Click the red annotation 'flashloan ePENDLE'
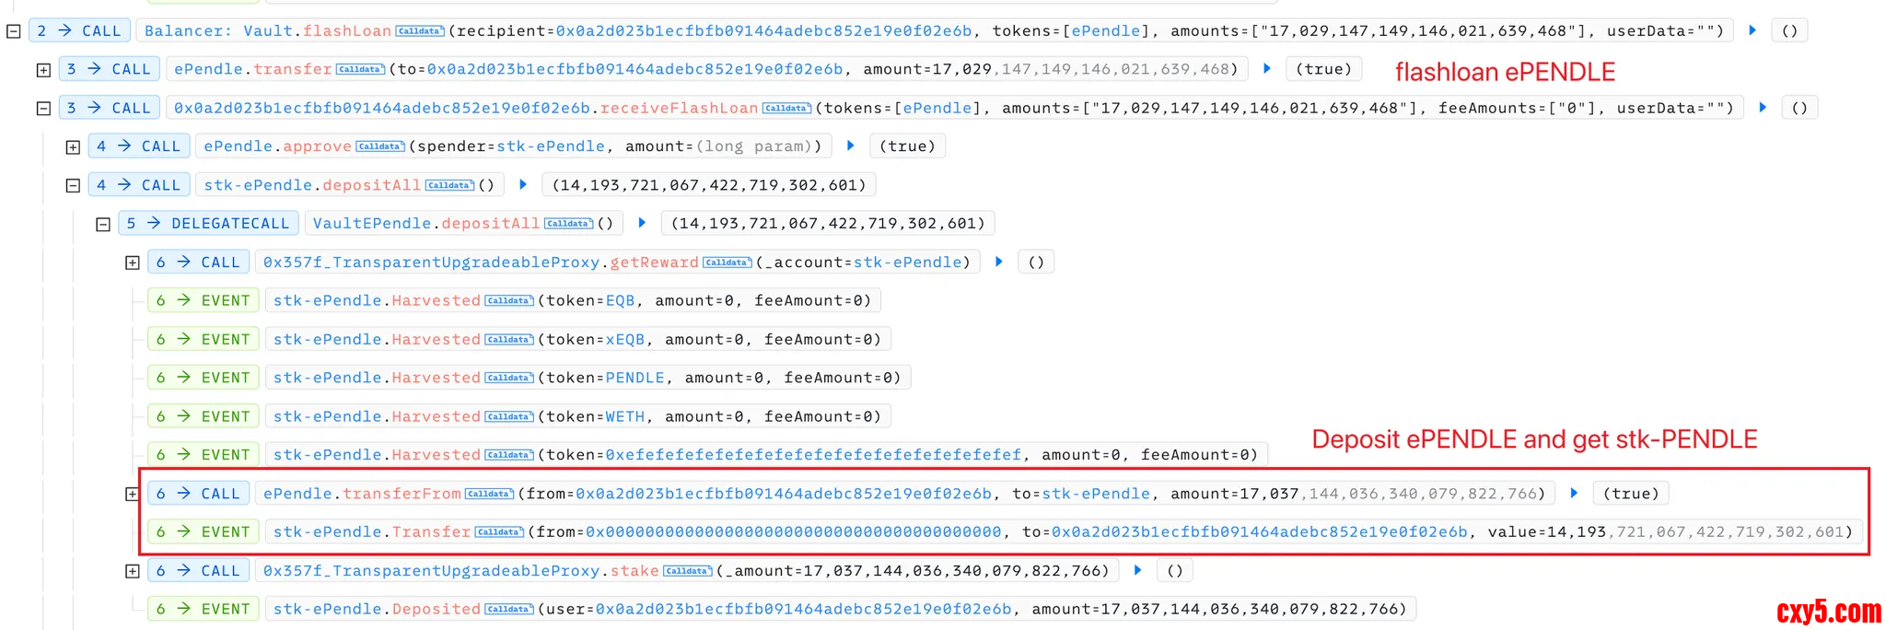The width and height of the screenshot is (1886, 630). pyautogui.click(x=1505, y=72)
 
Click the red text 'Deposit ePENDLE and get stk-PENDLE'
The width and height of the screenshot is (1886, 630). pyautogui.click(x=1534, y=439)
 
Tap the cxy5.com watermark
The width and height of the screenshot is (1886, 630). pyautogui.click(x=1828, y=612)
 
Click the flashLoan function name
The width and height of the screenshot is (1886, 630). pyautogui.click(x=347, y=30)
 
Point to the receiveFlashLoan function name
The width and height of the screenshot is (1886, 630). pyautogui.click(x=679, y=108)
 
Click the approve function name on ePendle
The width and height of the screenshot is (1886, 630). pyautogui.click(x=317, y=146)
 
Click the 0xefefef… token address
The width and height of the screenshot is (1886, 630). pyautogui.click(x=813, y=455)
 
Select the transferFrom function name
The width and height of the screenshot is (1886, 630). pyautogui.click(x=402, y=494)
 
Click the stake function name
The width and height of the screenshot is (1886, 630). pyautogui.click(x=634, y=571)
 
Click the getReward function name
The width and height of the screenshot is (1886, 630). pyautogui.click(x=654, y=262)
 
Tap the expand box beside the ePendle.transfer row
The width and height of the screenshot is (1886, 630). pyautogui.click(x=43, y=69)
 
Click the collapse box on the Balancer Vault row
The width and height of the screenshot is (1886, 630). pyautogui.click(x=14, y=30)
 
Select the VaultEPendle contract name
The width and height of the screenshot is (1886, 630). pyautogui.click(x=372, y=223)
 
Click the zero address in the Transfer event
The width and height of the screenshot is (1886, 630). pyautogui.click(x=793, y=532)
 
